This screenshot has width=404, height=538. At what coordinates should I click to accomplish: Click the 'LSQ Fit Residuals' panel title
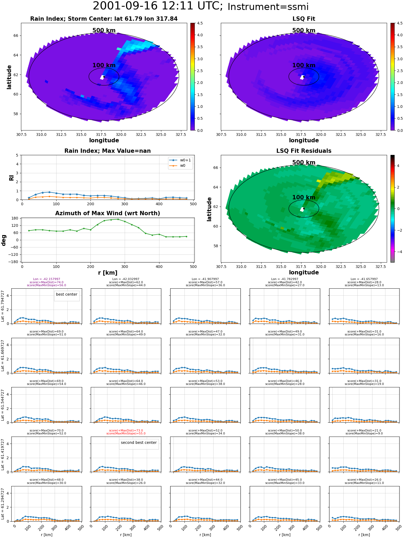[x=304, y=151]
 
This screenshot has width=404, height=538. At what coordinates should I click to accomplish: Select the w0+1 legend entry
[x=180, y=160]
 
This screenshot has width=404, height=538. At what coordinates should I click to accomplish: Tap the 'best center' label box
[x=67, y=295]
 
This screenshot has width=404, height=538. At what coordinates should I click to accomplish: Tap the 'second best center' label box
[x=139, y=443]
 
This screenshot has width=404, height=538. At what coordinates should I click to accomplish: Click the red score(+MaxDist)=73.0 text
[x=126, y=430]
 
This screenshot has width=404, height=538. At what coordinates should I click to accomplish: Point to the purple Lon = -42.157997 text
[x=47, y=279]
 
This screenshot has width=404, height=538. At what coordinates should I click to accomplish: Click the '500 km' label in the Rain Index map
[x=104, y=30]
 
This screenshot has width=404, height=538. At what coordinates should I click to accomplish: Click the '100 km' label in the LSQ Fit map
[x=304, y=65]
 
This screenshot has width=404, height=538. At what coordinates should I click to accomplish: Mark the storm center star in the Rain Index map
[x=104, y=77]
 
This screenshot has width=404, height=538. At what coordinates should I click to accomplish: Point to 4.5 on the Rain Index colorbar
[x=200, y=23]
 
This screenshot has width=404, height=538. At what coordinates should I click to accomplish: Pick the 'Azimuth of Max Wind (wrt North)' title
[x=108, y=213]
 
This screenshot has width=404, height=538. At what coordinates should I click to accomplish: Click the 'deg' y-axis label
[x=4, y=240]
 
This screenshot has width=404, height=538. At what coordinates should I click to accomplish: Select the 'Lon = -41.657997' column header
[x=364, y=279]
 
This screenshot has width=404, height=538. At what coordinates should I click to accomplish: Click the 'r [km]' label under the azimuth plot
[x=108, y=273]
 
